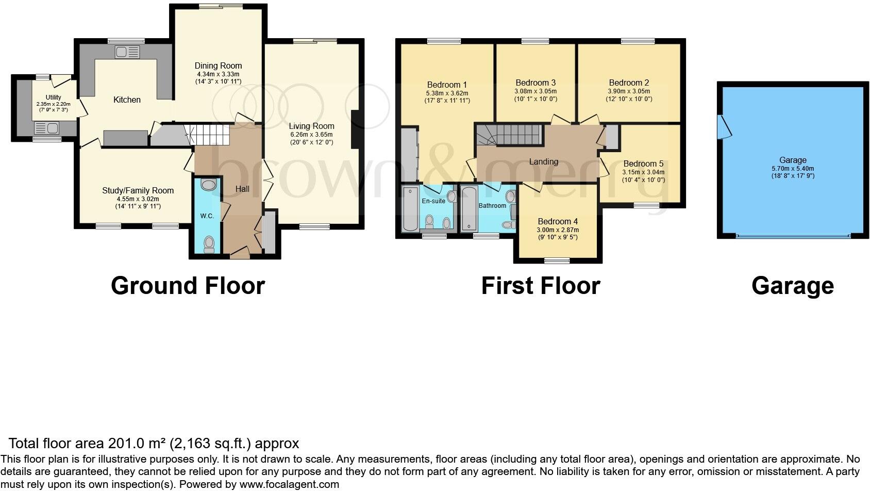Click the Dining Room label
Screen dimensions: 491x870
point(218,66)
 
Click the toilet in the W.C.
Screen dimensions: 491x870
point(209,244)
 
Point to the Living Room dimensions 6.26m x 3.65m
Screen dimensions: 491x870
point(311,134)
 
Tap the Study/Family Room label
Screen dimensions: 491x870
point(138,190)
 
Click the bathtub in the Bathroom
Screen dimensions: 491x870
point(469,209)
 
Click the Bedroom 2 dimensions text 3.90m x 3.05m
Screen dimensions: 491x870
point(629,91)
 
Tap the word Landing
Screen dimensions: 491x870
point(543,161)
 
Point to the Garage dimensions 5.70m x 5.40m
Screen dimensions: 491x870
point(793,168)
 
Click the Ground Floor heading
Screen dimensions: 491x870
point(188,286)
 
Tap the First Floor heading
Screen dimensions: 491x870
point(541,286)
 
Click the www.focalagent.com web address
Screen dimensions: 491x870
point(289,484)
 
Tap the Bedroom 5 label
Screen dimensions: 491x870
point(643,163)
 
